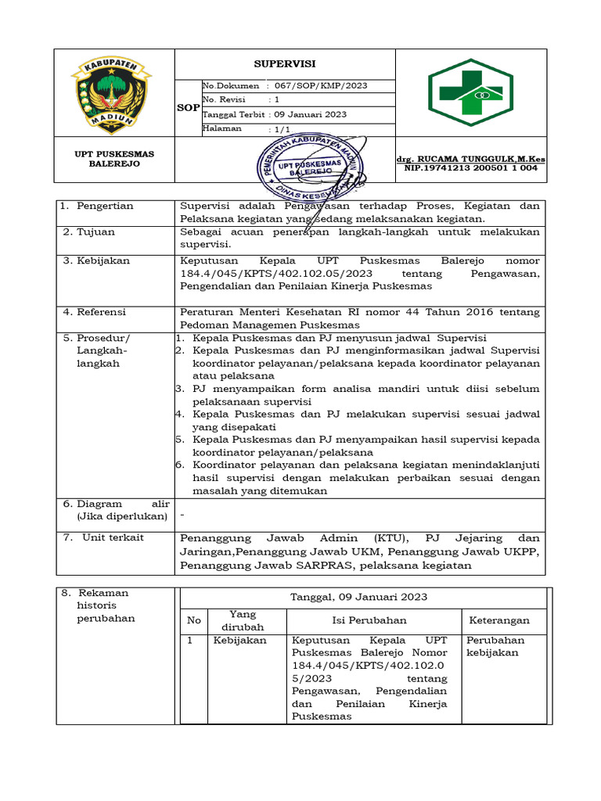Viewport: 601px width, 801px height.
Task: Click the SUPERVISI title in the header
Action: [284, 64]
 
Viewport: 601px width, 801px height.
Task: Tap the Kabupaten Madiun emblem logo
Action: [114, 92]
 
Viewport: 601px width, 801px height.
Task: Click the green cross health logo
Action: [470, 92]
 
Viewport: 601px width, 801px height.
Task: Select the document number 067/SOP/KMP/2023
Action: [329, 86]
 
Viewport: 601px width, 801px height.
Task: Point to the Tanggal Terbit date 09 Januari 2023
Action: [310, 114]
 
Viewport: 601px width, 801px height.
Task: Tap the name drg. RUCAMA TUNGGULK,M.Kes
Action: [471, 159]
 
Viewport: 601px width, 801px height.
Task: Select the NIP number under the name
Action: [470, 168]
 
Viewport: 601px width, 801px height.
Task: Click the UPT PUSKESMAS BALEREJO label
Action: [114, 160]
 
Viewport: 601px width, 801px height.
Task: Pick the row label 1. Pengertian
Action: [98, 206]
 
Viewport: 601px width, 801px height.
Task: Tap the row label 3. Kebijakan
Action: [96, 260]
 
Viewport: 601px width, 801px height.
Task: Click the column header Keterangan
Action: [498, 620]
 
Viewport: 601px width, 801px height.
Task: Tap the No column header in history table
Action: [193, 620]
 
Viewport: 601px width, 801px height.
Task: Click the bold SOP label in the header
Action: [188, 108]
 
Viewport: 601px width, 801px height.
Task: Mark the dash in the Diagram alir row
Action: [182, 516]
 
